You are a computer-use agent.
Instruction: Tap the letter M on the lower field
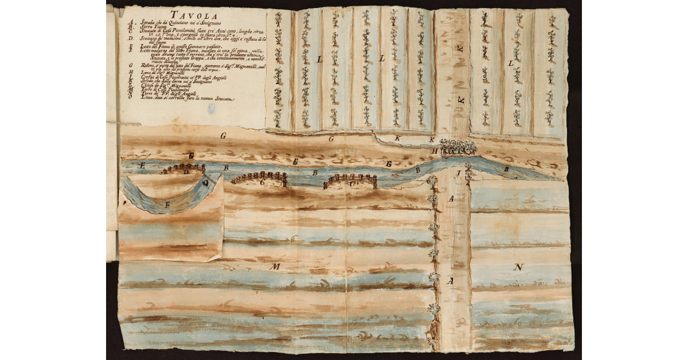pos(275,267)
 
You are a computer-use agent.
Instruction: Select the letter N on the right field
pos(518,267)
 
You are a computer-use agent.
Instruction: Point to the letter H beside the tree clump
pos(436,151)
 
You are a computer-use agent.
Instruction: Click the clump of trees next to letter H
pos(458,148)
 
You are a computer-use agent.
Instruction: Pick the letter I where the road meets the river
pos(458,173)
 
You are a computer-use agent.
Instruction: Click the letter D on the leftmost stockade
pos(186,171)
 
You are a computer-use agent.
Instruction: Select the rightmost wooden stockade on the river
pos(350,181)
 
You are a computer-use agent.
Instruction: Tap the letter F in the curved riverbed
pos(167,204)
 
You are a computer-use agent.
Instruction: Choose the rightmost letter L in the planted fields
pos(510,63)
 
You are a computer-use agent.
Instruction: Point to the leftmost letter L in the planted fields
pos(319,60)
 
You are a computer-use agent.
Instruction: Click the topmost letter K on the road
pos(460,49)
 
